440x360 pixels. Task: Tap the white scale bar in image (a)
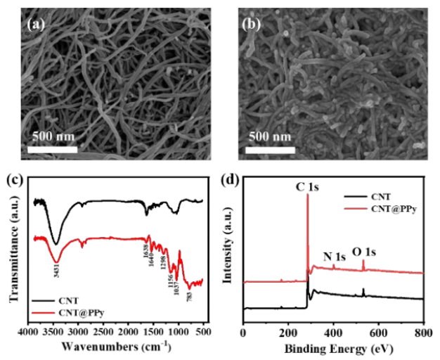point(53,149)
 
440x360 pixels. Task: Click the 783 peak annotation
point(188,296)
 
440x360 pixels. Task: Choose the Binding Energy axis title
point(334,347)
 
